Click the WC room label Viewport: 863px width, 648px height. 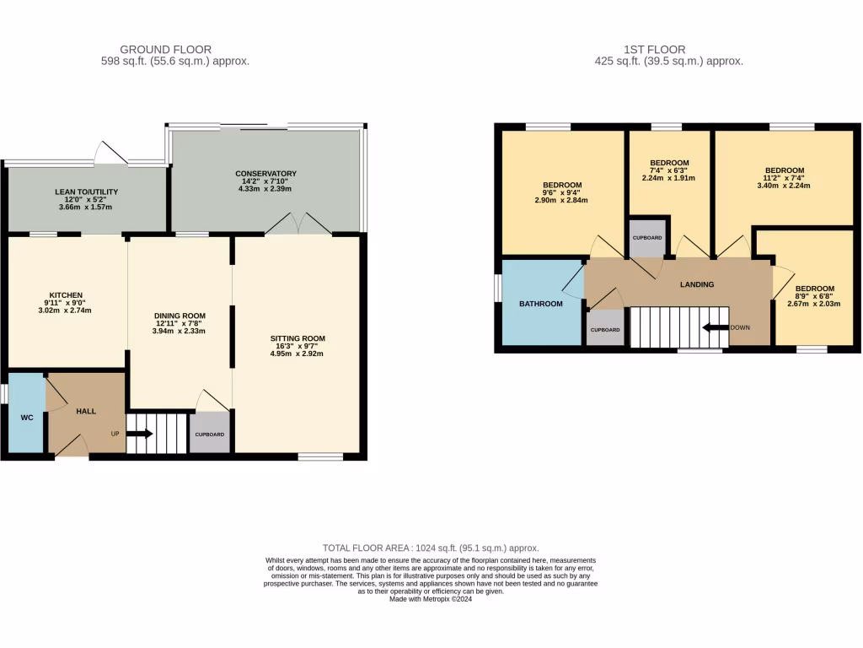pos(27,417)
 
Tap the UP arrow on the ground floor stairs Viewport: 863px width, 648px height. pos(140,435)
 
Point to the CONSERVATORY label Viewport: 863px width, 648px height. pos(265,174)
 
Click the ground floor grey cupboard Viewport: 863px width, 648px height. pos(209,434)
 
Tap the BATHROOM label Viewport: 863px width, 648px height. pos(540,304)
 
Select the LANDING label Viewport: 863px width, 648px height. pos(697,284)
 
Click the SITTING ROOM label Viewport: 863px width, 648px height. pos(299,338)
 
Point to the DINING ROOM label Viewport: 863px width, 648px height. pos(180,315)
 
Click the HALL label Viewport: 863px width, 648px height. pos(86,411)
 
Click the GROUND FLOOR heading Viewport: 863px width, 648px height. pos(165,50)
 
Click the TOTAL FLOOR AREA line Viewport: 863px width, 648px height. pos(431,548)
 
